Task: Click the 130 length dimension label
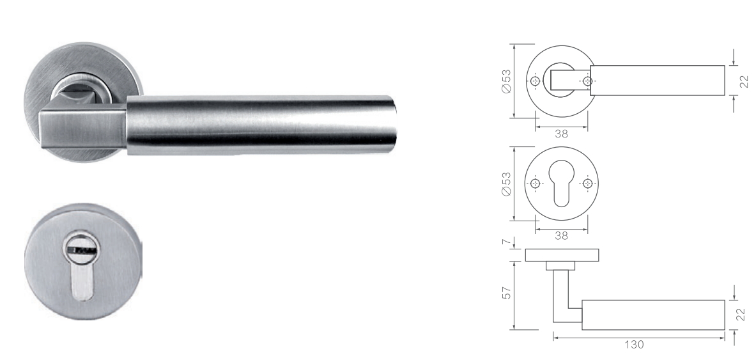(x=634, y=345)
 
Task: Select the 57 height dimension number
(x=506, y=293)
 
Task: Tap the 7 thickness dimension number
(x=506, y=241)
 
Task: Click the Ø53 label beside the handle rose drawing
(x=506, y=81)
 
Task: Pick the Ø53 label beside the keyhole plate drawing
(x=506, y=184)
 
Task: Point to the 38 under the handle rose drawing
(x=561, y=134)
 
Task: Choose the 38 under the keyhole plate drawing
(x=561, y=236)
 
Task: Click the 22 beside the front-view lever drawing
(x=744, y=81)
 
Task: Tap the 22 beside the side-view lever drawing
(x=742, y=315)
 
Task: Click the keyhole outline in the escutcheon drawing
(x=561, y=184)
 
